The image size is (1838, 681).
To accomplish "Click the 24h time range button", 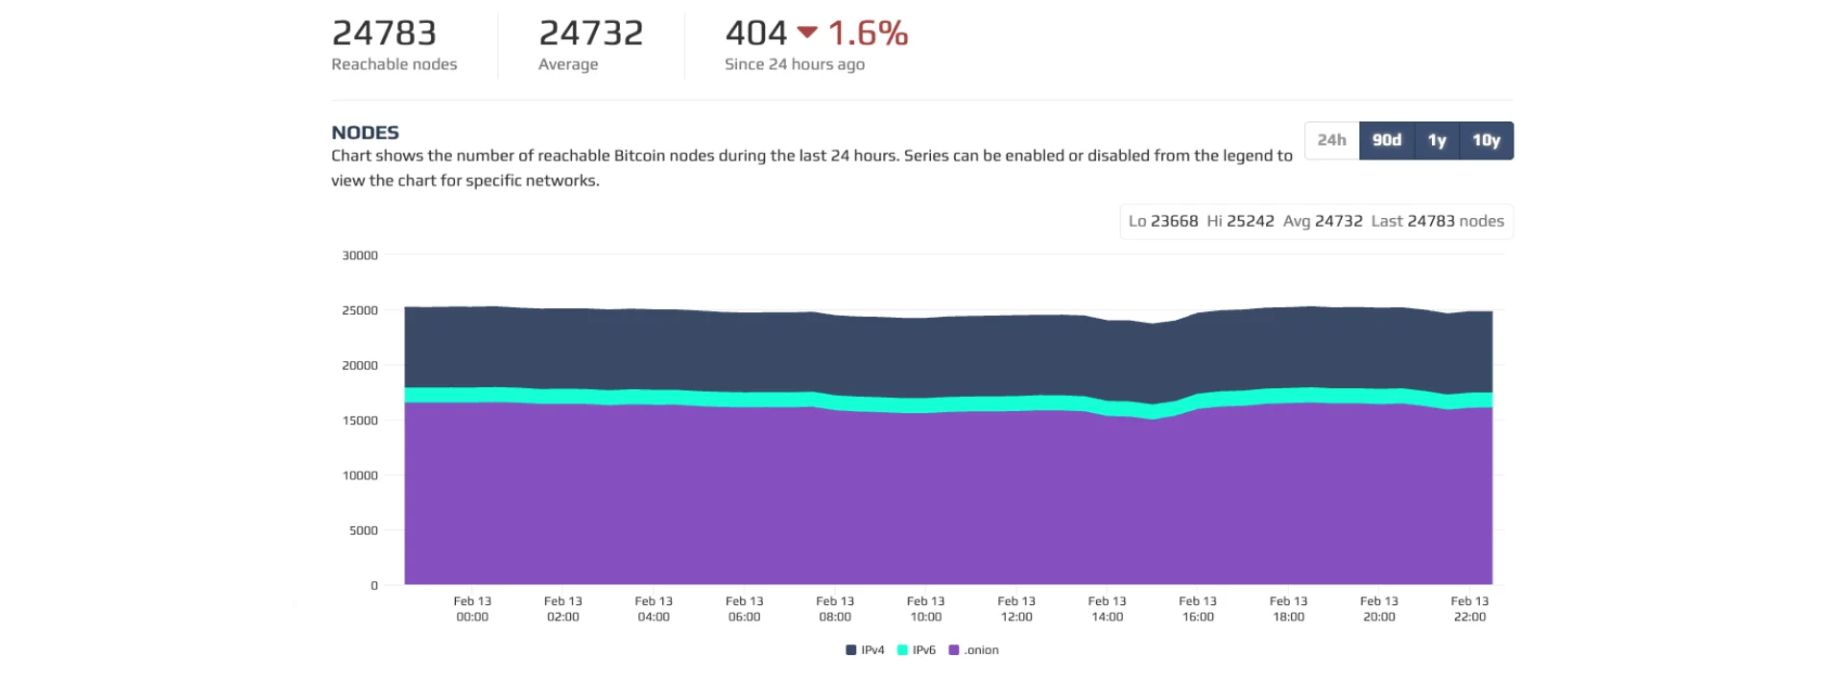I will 1331,140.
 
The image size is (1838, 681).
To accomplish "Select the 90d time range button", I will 1387,140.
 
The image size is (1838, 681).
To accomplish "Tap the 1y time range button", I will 1437,140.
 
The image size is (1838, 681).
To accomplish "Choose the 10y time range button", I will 1486,140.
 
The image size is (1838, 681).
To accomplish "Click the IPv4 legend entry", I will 866,650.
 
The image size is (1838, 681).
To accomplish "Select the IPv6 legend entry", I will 917,650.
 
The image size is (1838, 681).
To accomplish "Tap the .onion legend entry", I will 974,650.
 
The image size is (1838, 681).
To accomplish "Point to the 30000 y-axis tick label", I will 360,255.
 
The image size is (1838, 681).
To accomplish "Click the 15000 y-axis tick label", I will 360,421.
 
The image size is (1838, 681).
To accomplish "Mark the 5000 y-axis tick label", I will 364,530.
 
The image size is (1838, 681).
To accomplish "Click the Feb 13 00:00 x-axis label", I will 472,609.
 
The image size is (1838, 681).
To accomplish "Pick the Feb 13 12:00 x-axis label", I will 1016,609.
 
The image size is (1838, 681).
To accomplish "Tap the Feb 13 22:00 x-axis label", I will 1469,609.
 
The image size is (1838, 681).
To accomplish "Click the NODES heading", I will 365,133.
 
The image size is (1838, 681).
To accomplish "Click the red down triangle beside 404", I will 807,33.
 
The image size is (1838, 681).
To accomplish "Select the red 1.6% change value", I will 868,34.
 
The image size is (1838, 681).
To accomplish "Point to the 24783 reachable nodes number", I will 384,34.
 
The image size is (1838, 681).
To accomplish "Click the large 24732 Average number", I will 591,34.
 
